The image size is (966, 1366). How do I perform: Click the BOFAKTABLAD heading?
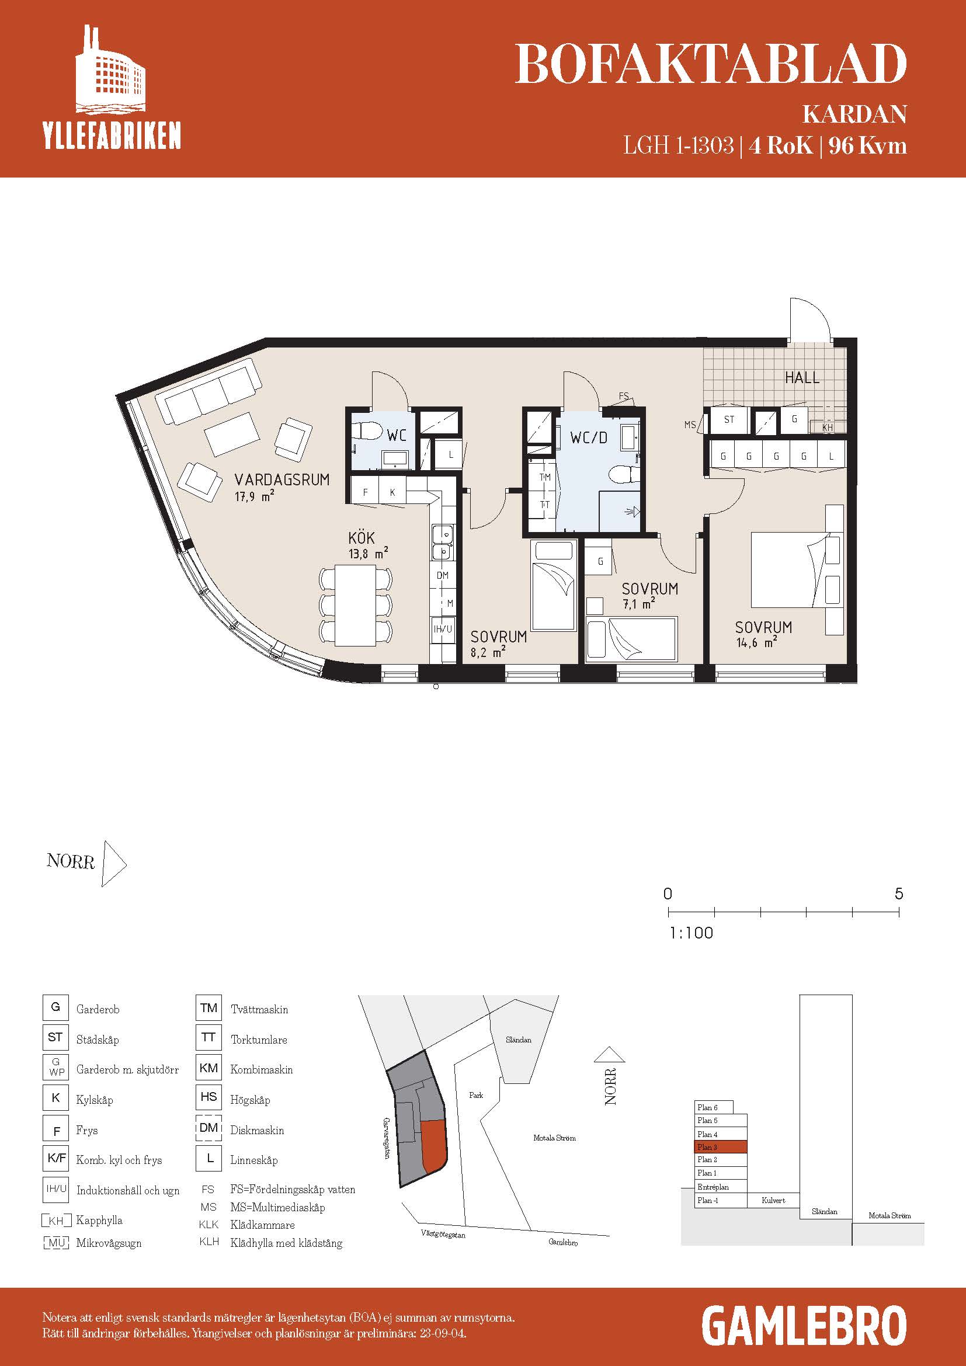710,64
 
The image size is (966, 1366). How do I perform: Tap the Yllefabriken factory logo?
110,86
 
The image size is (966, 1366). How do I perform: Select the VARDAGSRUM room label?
282,479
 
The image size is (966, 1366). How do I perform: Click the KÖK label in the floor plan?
362,537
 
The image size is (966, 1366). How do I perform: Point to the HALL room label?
802,377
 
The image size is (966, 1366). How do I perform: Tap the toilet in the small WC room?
367,431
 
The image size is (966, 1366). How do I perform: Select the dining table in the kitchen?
356,605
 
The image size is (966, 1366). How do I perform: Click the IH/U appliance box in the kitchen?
443,628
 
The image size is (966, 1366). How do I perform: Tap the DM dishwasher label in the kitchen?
443,575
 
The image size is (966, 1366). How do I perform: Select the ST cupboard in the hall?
729,419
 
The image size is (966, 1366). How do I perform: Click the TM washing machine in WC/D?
544,477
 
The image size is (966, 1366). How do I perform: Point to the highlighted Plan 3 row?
721,1147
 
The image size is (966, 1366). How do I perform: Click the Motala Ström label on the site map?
554,1138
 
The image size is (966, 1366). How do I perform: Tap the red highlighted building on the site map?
433,1145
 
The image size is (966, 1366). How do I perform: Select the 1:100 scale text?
691,933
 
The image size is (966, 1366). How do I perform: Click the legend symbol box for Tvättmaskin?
209,1008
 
